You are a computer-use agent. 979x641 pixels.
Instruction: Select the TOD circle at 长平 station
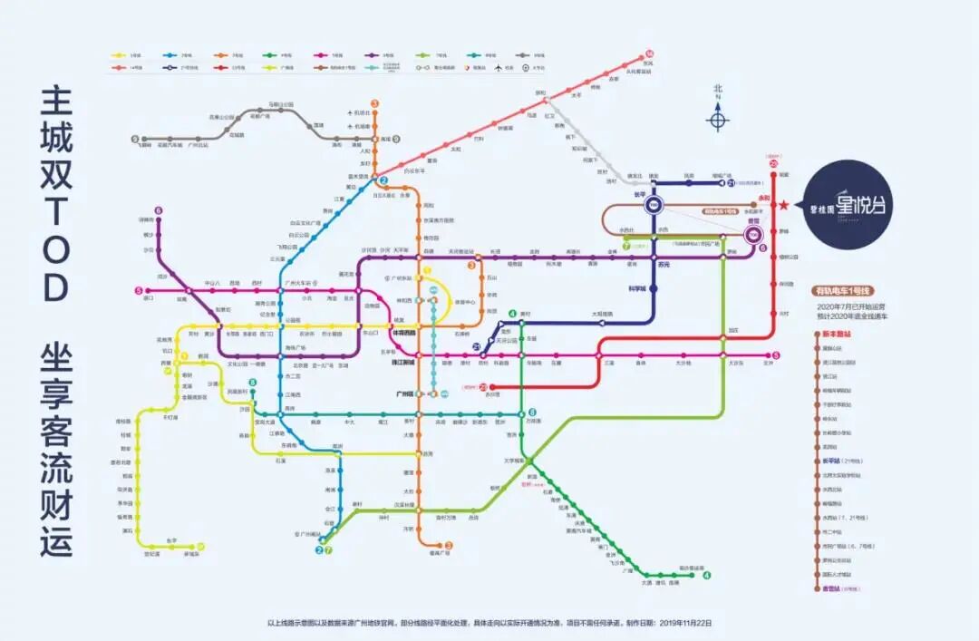[653, 206]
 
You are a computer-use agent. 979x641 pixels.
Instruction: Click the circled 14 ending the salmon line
[649, 53]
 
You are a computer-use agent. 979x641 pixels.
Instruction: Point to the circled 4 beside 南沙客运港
[706, 575]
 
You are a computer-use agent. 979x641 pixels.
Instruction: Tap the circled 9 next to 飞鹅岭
[135, 140]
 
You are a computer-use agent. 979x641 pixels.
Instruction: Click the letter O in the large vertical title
[54, 288]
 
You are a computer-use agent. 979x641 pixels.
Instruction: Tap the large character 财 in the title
[54, 491]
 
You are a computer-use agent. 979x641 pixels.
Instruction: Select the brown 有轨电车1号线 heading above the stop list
[842, 290]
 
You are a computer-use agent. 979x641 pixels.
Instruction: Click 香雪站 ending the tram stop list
[832, 588]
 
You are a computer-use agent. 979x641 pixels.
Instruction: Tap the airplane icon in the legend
[499, 67]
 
